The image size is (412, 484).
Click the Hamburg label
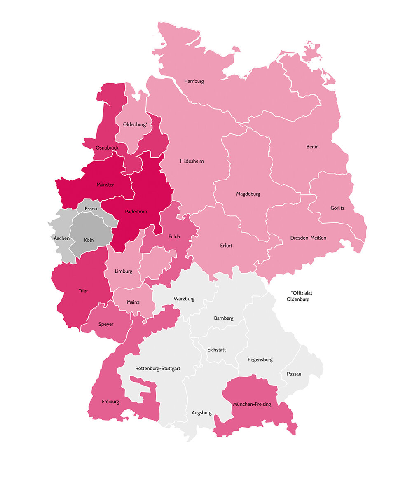pyautogui.click(x=194, y=81)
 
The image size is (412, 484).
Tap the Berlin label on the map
pyautogui.click(x=312, y=147)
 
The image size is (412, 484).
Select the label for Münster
pyautogui.click(x=105, y=185)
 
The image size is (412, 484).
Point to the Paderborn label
pyautogui.click(x=136, y=212)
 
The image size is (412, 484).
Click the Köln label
pyautogui.click(x=89, y=240)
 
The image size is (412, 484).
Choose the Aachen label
pyautogui.click(x=61, y=238)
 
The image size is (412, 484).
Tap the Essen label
pyautogui.click(x=91, y=209)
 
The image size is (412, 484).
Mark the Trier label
pyautogui.click(x=83, y=291)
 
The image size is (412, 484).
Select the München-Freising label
pyautogui.click(x=252, y=404)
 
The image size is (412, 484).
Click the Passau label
pyautogui.click(x=291, y=374)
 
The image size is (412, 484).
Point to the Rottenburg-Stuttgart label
pyautogui.click(x=157, y=369)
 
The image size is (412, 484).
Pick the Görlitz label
pyautogui.click(x=337, y=208)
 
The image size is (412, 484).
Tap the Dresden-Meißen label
pyautogui.click(x=308, y=238)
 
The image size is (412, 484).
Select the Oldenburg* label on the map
pyautogui.click(x=135, y=124)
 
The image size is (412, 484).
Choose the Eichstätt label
pyautogui.click(x=217, y=350)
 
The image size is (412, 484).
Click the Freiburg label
pyautogui.click(x=110, y=401)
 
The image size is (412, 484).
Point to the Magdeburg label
pyautogui.click(x=248, y=194)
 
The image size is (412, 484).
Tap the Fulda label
pyautogui.click(x=174, y=236)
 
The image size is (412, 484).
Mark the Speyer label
pyautogui.click(x=106, y=324)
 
